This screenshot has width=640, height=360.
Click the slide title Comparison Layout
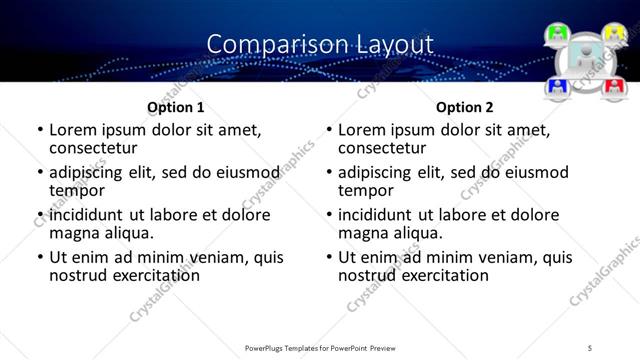[320, 44]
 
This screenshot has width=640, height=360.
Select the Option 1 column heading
[175, 106]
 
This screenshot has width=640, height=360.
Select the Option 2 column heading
[464, 106]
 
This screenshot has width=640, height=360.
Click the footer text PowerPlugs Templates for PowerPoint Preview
[320, 348]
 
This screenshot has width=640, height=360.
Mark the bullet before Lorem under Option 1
[39, 130]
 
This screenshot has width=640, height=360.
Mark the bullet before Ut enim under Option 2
[329, 257]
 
